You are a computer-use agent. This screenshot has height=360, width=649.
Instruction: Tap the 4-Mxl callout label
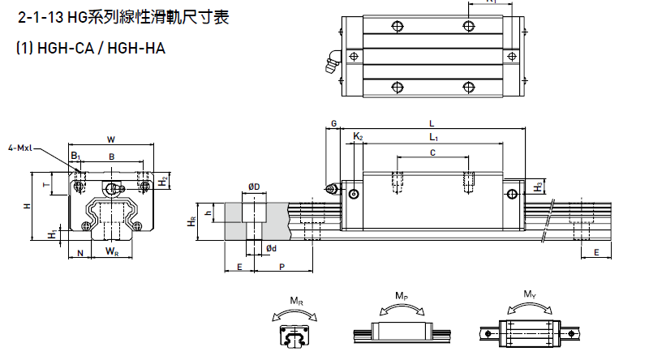click(19, 148)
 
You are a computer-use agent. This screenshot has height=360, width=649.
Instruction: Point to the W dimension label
click(110, 138)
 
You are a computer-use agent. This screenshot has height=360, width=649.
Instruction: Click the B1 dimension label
click(75, 155)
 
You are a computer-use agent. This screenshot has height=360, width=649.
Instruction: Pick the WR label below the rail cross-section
click(110, 253)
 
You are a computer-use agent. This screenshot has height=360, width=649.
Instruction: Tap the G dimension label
click(333, 123)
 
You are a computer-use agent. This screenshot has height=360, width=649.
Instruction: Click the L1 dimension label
click(433, 138)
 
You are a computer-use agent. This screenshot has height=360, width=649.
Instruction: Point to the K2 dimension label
click(359, 137)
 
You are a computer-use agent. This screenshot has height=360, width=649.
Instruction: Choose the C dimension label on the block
click(432, 152)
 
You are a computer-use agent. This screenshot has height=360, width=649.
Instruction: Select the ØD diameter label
click(254, 187)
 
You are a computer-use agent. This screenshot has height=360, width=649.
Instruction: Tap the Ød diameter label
click(271, 247)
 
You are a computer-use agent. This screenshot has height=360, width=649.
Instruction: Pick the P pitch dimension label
click(281, 266)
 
